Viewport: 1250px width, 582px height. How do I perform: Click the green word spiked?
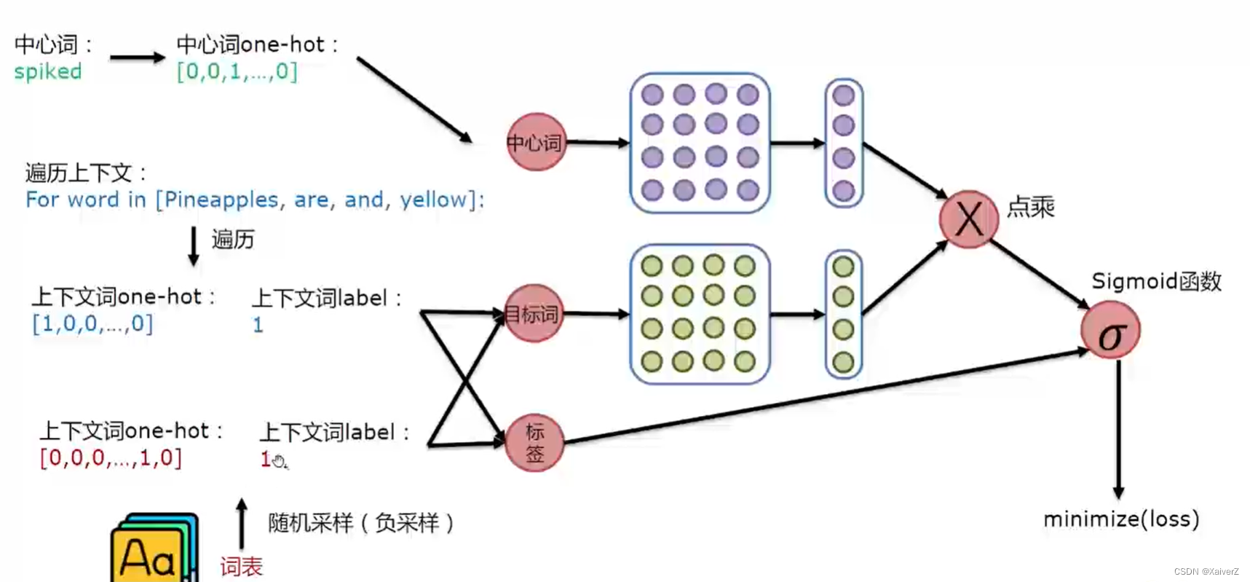coord(48,71)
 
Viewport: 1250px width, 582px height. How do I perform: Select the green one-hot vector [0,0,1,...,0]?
coord(237,71)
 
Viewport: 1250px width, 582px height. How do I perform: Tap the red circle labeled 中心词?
coord(536,142)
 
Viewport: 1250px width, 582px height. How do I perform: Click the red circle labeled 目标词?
coord(534,314)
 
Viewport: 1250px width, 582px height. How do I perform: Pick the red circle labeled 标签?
coord(534,443)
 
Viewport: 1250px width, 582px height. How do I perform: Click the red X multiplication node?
coord(968,219)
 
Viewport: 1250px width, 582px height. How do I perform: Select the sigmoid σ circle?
coord(1110,331)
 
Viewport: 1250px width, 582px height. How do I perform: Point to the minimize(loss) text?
coord(1121,519)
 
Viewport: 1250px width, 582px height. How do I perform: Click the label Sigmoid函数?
coord(1155,281)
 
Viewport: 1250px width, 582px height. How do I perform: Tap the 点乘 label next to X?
coord(1030,208)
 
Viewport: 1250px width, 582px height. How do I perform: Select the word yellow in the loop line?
coord(434,200)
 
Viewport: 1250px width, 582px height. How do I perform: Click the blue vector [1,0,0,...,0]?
coord(92,323)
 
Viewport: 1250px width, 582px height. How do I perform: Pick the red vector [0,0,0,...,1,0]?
coord(111,458)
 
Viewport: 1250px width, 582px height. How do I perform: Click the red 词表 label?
coord(241,566)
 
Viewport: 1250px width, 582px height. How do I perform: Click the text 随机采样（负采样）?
coord(361,523)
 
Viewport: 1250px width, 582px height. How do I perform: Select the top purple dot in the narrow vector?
coord(843,95)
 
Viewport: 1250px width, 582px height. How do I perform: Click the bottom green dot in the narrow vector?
coord(843,361)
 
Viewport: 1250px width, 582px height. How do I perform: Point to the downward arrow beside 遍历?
coord(194,246)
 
